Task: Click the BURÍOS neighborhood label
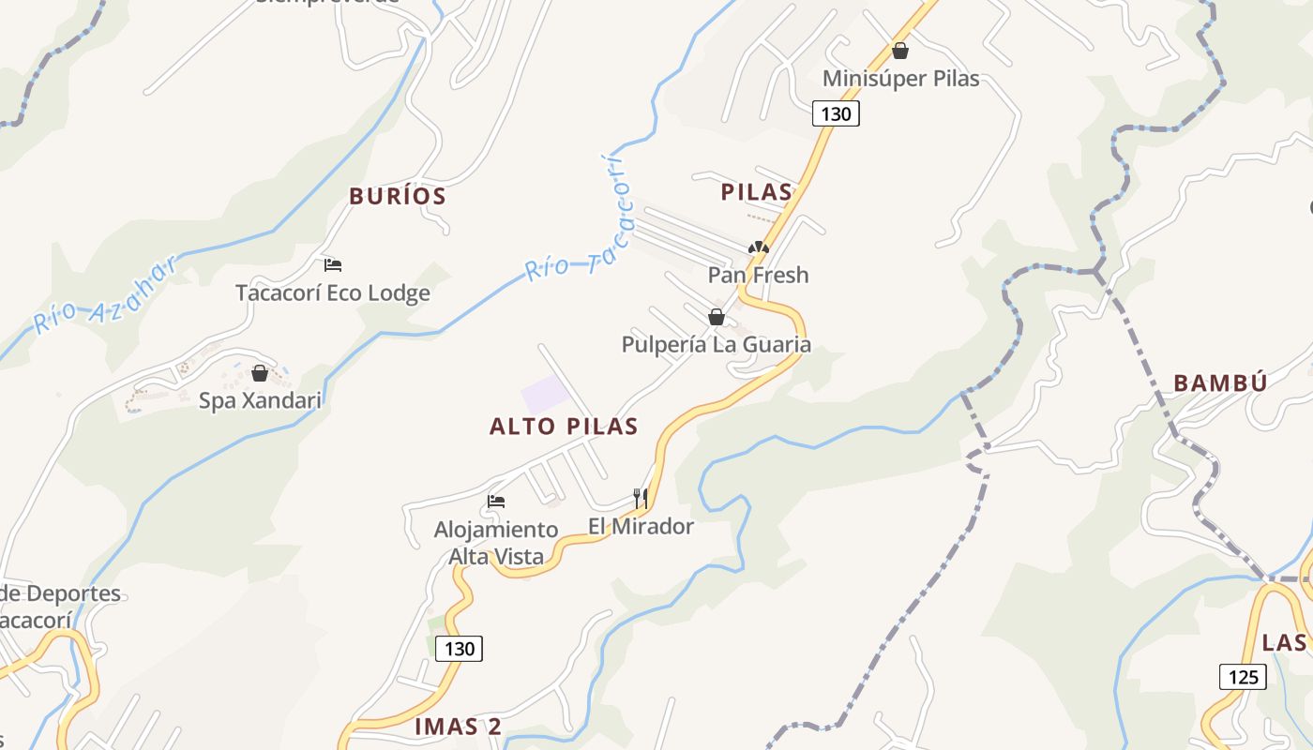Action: pos(397,197)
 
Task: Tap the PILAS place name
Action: pos(756,192)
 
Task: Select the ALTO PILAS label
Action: pos(564,427)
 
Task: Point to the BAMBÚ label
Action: pos(1220,382)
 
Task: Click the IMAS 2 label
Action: pos(458,727)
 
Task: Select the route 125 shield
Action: pos(1243,676)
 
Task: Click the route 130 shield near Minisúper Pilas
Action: pos(835,114)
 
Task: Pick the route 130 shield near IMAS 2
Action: pos(460,648)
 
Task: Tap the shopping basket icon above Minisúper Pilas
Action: pos(900,51)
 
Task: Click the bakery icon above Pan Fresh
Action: pos(758,248)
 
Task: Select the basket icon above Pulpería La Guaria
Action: pos(717,317)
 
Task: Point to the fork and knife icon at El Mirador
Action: pos(641,498)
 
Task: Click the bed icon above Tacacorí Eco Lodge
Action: pos(333,265)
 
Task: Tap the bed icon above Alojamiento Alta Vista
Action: pos(496,502)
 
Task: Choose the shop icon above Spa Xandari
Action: pos(260,373)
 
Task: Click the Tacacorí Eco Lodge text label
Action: pos(333,293)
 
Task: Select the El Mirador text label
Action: pos(641,527)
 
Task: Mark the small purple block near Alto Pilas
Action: pos(545,393)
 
